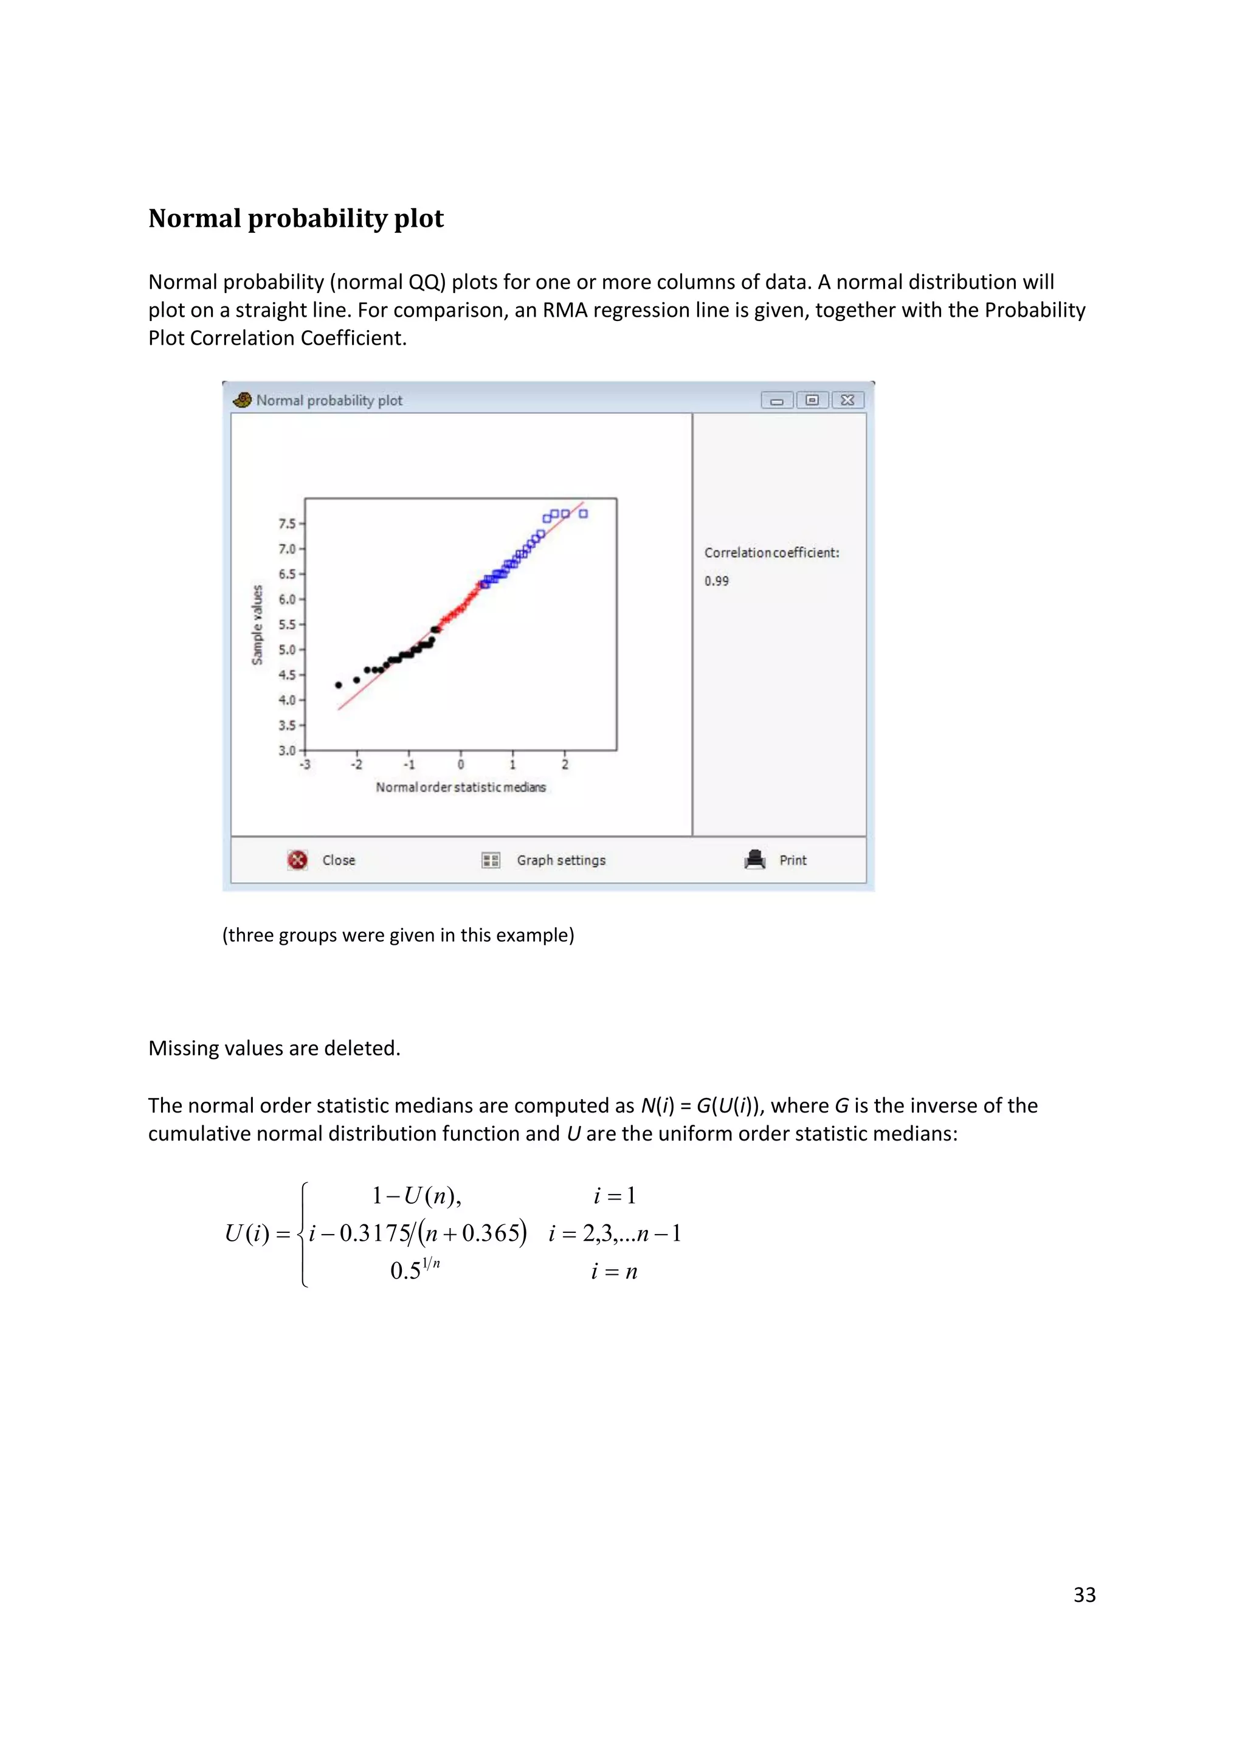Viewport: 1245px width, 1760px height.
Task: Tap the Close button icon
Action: tap(297, 860)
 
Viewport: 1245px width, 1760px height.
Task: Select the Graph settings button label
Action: tap(560, 860)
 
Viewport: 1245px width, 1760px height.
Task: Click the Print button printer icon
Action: tap(755, 859)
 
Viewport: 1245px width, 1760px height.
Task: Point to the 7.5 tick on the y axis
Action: tap(287, 523)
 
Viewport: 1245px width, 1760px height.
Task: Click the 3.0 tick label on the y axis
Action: tap(287, 750)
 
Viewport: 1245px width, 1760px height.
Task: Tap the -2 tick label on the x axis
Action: tap(356, 765)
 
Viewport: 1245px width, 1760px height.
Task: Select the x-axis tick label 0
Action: tap(461, 765)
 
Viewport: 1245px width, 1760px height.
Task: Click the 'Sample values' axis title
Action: tap(258, 625)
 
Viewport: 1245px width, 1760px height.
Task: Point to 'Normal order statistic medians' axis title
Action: tap(461, 787)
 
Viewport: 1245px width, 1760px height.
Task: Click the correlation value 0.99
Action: tap(717, 581)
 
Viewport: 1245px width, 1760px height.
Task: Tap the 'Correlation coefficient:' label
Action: tap(772, 553)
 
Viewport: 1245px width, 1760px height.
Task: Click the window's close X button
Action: tap(848, 400)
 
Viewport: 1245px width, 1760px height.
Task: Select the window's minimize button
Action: tap(776, 400)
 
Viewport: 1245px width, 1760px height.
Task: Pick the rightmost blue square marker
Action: tap(584, 514)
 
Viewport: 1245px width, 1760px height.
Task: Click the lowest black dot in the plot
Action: tap(339, 685)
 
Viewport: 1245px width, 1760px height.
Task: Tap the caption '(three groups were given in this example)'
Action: tap(398, 935)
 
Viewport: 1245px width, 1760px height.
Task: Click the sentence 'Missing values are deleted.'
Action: tap(274, 1048)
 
